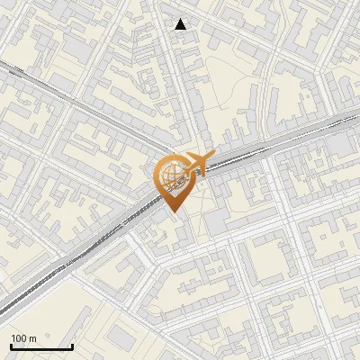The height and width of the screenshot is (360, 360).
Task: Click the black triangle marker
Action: click(x=182, y=24)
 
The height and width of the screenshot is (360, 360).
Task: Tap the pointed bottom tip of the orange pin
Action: click(x=171, y=211)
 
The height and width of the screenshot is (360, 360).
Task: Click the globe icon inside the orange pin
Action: click(x=171, y=176)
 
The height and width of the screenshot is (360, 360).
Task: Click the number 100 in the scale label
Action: click(x=19, y=338)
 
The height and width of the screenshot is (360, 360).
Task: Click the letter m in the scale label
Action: click(x=32, y=338)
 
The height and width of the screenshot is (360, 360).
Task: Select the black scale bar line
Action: click(x=40, y=347)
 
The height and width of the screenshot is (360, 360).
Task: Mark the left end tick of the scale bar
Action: click(x=10, y=346)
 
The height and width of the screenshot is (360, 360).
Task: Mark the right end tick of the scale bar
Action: click(x=72, y=346)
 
